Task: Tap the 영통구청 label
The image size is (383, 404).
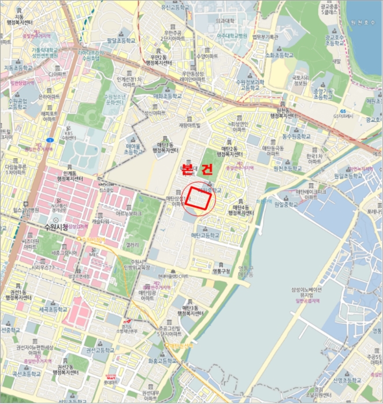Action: pos(221,271)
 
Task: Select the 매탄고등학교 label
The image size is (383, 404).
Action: pos(205,235)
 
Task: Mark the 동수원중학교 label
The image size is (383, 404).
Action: pos(284,136)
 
